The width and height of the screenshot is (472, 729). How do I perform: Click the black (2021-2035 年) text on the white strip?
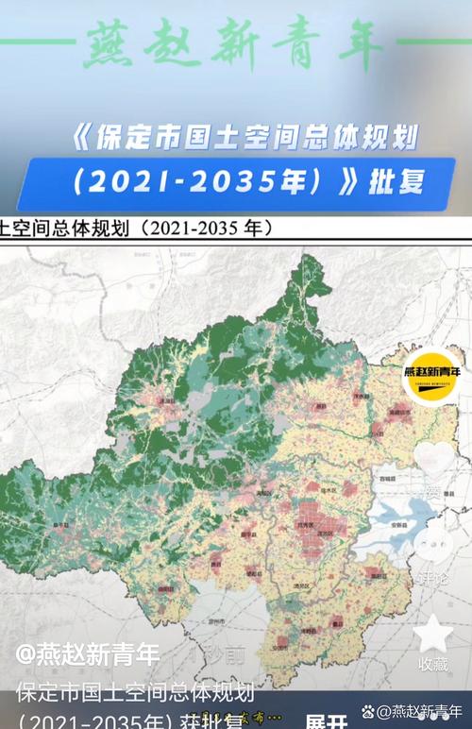(207, 228)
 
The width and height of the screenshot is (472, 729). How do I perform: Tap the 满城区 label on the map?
(266, 493)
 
